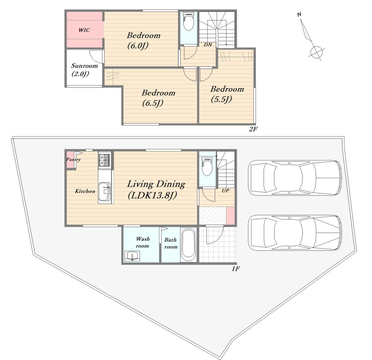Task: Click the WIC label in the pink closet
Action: click(x=84, y=30)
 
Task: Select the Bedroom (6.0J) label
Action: click(x=144, y=41)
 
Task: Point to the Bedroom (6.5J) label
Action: click(x=158, y=98)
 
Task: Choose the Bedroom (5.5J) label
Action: click(x=227, y=94)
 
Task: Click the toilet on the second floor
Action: click(x=188, y=21)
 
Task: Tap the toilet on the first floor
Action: click(x=207, y=166)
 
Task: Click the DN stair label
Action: click(x=208, y=45)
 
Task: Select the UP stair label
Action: click(x=225, y=191)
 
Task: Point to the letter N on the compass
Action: click(x=299, y=14)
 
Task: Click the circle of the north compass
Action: click(x=317, y=52)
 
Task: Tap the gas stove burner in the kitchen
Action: click(x=104, y=160)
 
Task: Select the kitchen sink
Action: click(x=104, y=191)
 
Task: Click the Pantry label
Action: click(x=73, y=159)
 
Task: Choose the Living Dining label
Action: click(x=156, y=184)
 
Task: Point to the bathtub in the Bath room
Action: click(x=188, y=245)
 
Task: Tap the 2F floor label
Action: click(x=253, y=129)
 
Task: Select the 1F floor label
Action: click(x=236, y=269)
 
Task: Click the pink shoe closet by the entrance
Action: click(x=231, y=216)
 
